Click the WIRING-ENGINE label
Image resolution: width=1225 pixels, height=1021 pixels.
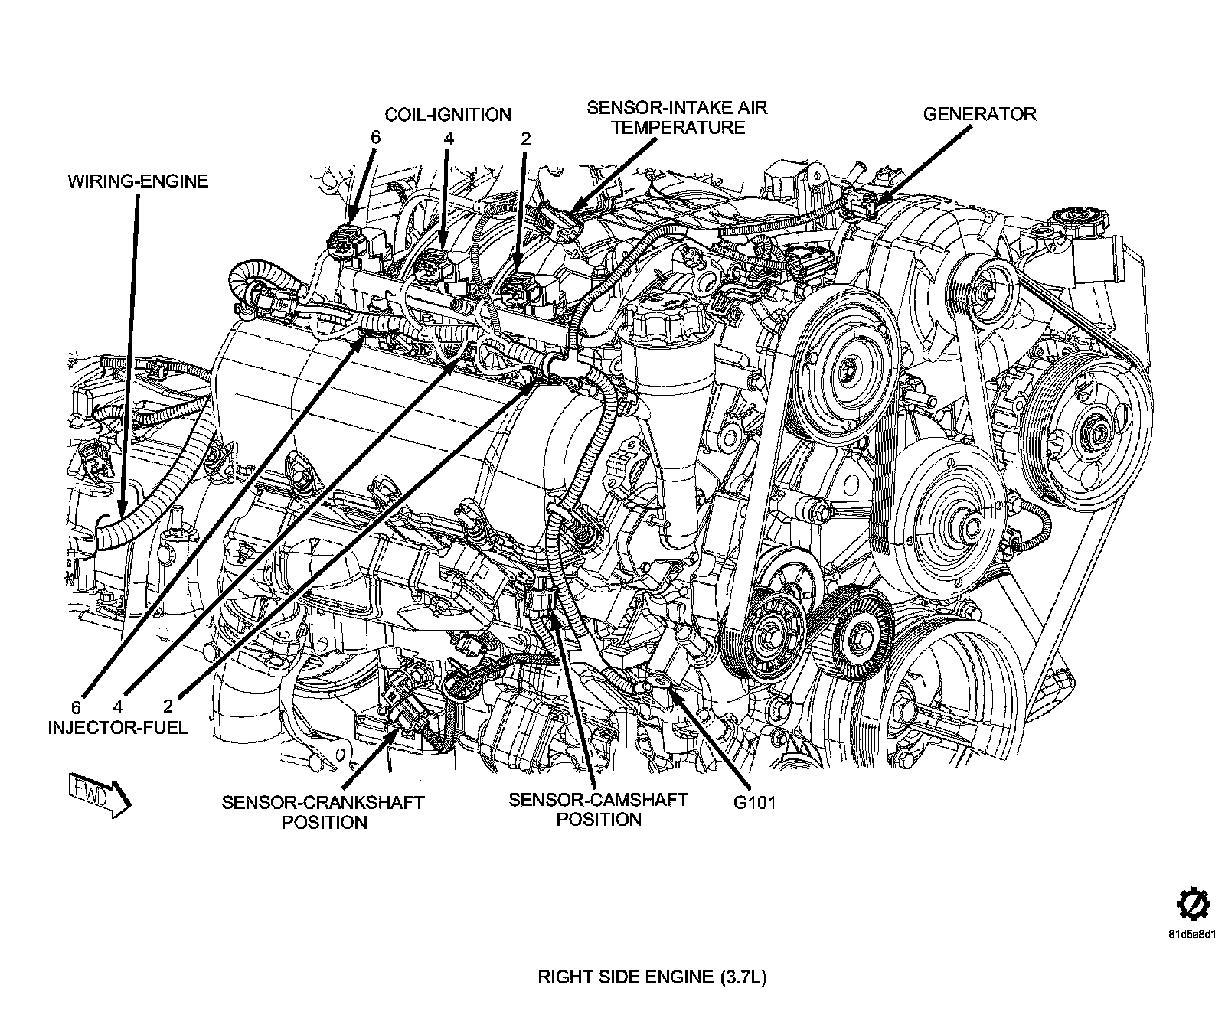coord(138,181)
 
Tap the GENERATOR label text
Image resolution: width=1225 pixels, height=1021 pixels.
coord(978,114)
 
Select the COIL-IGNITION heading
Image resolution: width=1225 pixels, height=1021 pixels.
coord(448,115)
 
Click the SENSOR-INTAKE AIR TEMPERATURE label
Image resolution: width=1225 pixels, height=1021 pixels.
coord(677,117)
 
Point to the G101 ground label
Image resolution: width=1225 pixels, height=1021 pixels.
coord(753,804)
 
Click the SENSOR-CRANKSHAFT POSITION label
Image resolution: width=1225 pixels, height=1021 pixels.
coord(323,812)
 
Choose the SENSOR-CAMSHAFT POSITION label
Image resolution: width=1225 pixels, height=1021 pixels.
coord(598,810)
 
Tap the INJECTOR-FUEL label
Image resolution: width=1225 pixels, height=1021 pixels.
coord(117,727)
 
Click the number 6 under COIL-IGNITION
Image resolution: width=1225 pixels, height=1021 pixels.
coord(374,139)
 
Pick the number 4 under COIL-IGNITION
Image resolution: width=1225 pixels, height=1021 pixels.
coord(449,139)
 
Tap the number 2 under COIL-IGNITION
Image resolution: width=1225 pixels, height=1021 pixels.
coord(525,139)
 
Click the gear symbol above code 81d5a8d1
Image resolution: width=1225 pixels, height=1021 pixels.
coord(1192,905)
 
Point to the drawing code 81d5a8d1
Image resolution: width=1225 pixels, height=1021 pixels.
coord(1192,935)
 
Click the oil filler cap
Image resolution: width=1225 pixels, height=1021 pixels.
coord(658,312)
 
